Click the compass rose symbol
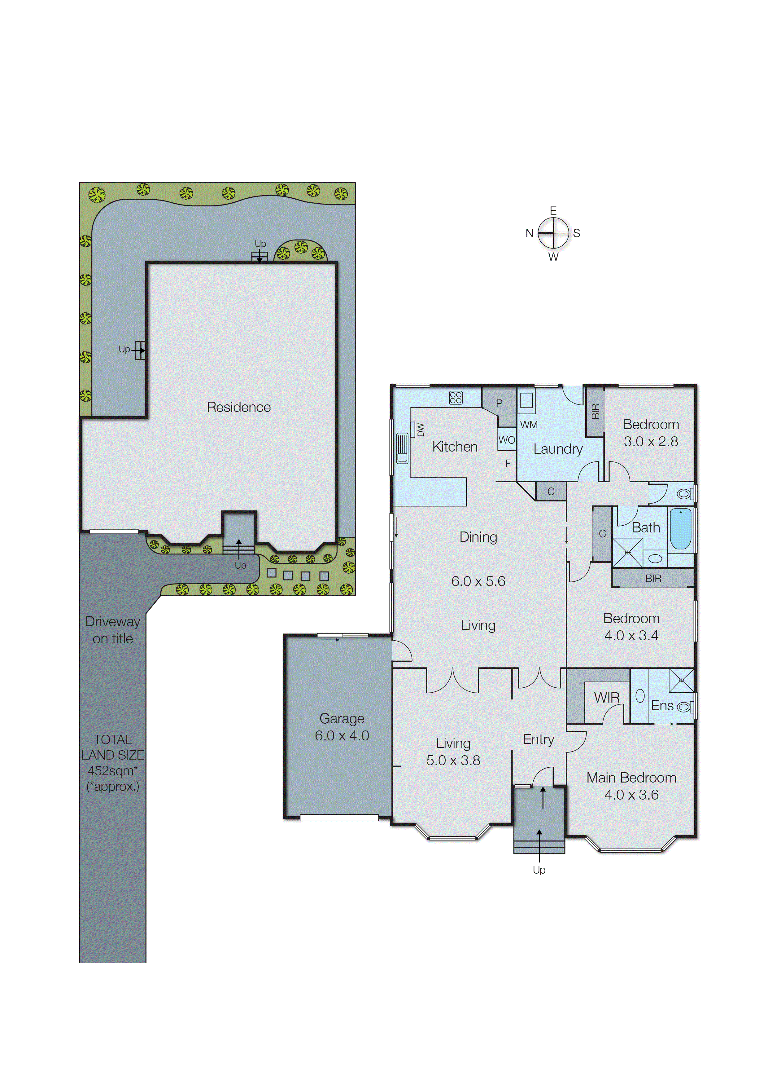(553, 233)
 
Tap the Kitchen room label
(455, 447)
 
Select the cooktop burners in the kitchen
(456, 398)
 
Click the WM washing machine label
(529, 425)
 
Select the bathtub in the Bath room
(680, 528)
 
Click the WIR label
(606, 698)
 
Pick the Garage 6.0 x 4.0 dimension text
(342, 735)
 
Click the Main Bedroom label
(631, 778)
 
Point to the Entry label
(538, 739)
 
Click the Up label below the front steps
(539, 870)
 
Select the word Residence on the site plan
(238, 407)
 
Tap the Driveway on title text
(112, 630)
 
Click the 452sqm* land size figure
(112, 770)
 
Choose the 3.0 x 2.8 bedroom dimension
(650, 442)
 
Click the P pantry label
(499, 403)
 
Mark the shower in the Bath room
(627, 552)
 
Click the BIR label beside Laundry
(595, 411)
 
